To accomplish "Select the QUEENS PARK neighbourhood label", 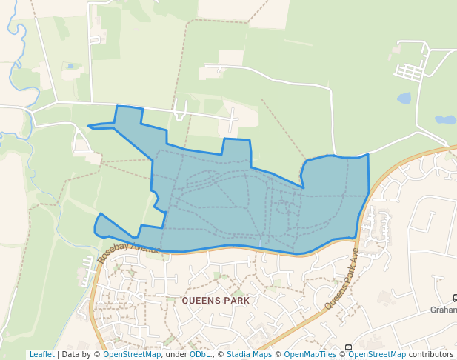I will [x=216, y=301].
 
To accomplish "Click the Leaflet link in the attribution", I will [x=41, y=354].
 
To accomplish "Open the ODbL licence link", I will [x=200, y=354].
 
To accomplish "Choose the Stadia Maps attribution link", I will [x=249, y=354].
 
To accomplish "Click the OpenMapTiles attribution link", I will [x=310, y=354].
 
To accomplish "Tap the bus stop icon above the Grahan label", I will [x=454, y=299].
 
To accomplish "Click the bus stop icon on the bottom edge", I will [x=348, y=347].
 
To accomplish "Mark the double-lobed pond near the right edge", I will [x=445, y=119].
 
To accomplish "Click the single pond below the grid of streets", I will [x=404, y=98].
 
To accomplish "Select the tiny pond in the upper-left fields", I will [x=70, y=66].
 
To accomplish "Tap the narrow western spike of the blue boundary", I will [x=96, y=126].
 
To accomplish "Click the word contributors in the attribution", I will [x=431, y=354].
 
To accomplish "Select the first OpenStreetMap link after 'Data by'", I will [x=132, y=354].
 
